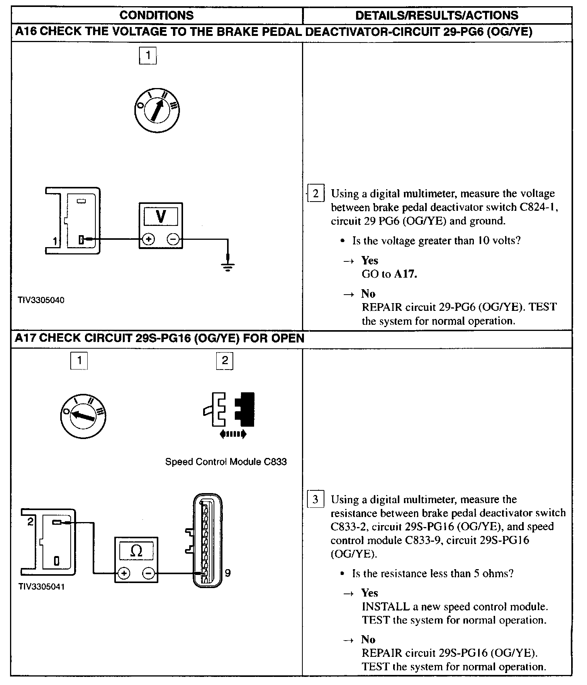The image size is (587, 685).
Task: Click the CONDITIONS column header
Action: tap(156, 15)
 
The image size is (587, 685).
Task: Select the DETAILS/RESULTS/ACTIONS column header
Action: tap(437, 15)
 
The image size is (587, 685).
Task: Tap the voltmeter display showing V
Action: tap(161, 217)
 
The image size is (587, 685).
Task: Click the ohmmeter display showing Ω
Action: tap(136, 551)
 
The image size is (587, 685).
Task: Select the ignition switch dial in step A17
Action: tap(83, 416)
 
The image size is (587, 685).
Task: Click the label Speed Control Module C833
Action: tap(226, 462)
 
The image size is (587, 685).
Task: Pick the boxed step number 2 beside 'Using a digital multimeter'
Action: tap(316, 193)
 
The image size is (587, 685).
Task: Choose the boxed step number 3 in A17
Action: tap(315, 500)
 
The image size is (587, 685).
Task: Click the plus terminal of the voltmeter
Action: tap(148, 240)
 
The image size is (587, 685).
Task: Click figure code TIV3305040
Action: tap(41, 300)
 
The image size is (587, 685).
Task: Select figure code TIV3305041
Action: tap(41, 587)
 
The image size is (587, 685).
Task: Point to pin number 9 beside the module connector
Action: tap(227, 573)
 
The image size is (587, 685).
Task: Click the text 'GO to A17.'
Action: tap(389, 274)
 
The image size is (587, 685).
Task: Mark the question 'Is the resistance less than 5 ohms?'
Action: tap(433, 573)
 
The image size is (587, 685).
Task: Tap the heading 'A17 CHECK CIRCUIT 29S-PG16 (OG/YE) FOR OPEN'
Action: tap(159, 338)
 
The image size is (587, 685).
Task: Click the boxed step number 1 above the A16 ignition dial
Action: tap(148, 56)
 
